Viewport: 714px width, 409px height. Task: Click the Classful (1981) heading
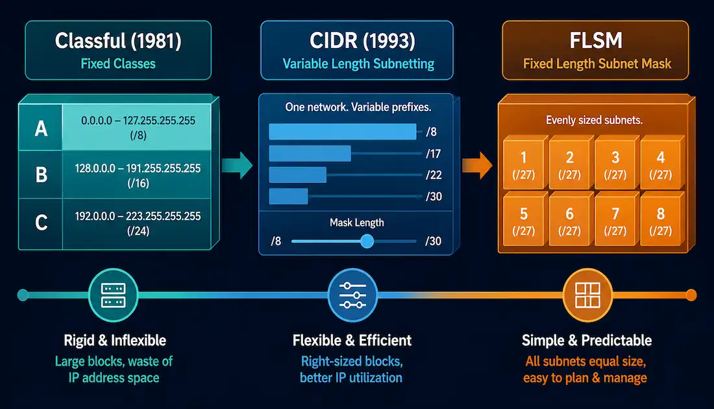tap(118, 40)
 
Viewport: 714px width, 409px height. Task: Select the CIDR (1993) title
tap(362, 40)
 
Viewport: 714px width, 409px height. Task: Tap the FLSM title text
tap(596, 40)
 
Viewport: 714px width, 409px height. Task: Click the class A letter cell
tap(40, 128)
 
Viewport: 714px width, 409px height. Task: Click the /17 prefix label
tap(433, 153)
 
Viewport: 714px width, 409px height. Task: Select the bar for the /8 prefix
tap(343, 132)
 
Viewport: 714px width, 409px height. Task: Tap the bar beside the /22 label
tap(298, 175)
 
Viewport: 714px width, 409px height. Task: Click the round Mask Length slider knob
tap(367, 241)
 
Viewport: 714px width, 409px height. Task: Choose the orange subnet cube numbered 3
tap(615, 162)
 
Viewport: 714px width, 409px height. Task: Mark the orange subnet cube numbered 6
tap(569, 219)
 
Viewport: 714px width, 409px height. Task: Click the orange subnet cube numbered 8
tap(661, 219)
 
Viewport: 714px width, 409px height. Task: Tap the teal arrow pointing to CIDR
tap(237, 165)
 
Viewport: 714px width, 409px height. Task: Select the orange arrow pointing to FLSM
tap(477, 165)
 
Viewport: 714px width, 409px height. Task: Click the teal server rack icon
tap(113, 295)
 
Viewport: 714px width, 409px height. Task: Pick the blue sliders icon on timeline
tap(352, 295)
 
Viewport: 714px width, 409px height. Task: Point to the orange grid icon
tap(587, 295)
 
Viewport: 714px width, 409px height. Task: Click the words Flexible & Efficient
tap(352, 340)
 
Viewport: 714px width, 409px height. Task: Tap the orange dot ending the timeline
tap(691, 295)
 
